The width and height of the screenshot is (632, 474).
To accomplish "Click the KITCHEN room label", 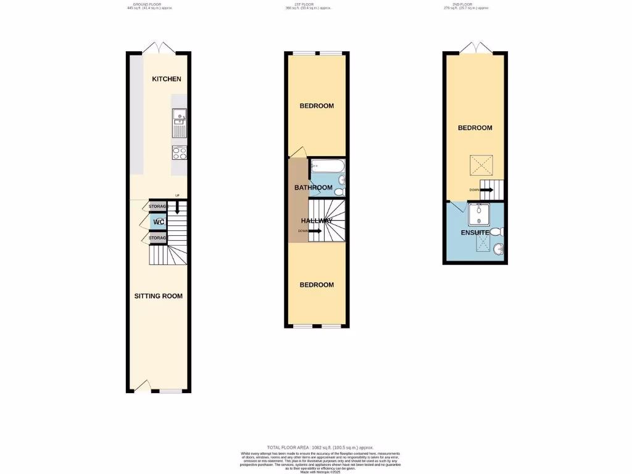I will click(x=167, y=79).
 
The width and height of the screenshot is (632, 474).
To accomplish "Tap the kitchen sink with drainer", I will click(x=180, y=122).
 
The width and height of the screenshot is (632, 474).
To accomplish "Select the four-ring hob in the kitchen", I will click(x=180, y=152).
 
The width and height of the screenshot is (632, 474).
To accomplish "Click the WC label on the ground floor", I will click(x=159, y=222).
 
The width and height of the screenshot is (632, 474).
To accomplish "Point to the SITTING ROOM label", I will click(x=159, y=296).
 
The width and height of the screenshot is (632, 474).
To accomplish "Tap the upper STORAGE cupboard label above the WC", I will click(x=158, y=206).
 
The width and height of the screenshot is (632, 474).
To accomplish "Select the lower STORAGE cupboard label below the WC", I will click(x=158, y=238).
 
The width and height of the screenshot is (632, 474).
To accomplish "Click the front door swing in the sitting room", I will click(x=142, y=386).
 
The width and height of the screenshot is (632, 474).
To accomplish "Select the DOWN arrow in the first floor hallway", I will click(x=314, y=231).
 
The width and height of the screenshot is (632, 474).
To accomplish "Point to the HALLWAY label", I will click(x=317, y=221).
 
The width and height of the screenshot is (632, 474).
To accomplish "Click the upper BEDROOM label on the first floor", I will click(x=317, y=106).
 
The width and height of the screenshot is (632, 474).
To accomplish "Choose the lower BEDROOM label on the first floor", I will click(x=317, y=285).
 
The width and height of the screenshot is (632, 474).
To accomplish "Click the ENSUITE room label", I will click(x=475, y=233).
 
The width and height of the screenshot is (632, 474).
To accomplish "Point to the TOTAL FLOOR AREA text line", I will click(x=320, y=447).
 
